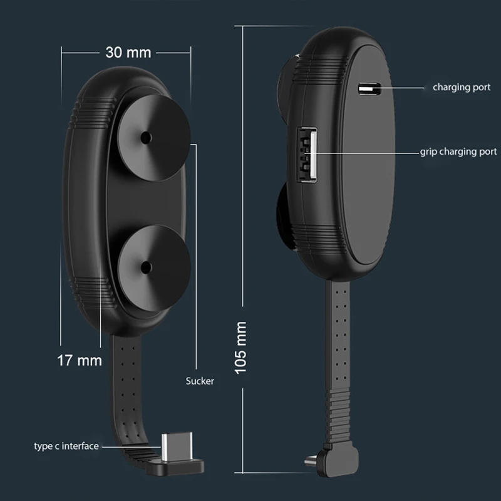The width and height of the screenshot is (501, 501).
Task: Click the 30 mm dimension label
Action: coord(128,53)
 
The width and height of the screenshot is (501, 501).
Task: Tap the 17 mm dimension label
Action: coord(80,361)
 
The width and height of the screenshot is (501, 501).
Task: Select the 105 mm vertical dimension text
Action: coord(240,348)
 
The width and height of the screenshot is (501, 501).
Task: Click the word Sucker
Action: coord(200,381)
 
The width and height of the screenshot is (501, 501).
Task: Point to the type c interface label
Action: coord(66,446)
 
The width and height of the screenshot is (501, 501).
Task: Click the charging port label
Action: coord(462,87)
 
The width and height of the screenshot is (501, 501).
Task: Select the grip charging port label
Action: coord(458,152)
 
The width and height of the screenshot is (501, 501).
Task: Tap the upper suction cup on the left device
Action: coord(153,138)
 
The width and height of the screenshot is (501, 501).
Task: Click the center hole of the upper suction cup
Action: coord(146,138)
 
